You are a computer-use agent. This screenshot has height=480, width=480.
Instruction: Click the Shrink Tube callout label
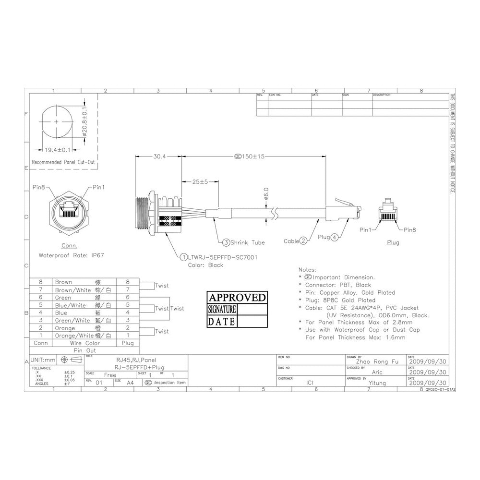tap(244, 242)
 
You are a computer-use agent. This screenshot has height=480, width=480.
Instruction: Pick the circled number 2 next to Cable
tap(303, 241)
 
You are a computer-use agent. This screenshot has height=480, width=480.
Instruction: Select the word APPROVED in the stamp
tap(237, 298)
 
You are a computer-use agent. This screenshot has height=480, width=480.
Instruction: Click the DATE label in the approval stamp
tap(222, 322)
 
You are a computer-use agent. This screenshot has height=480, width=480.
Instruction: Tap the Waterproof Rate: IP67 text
tap(71, 255)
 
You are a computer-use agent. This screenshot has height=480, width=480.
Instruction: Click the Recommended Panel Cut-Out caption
tap(63, 162)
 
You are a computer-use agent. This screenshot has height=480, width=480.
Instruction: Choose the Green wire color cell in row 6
tap(63, 298)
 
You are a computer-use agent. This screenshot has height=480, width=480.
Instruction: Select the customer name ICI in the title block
tap(310, 383)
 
